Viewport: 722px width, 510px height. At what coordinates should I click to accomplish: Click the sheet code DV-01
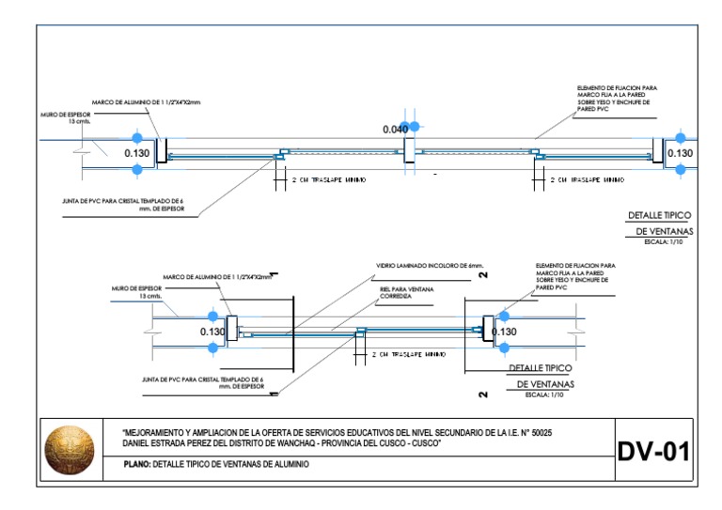tap(652, 451)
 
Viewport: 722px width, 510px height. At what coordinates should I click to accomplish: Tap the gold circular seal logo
tap(71, 447)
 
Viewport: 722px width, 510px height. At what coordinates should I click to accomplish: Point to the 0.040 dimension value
tap(396, 129)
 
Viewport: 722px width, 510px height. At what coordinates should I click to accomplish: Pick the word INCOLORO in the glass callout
tap(443, 266)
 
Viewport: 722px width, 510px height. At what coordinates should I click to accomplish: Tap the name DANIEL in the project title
tap(138, 442)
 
